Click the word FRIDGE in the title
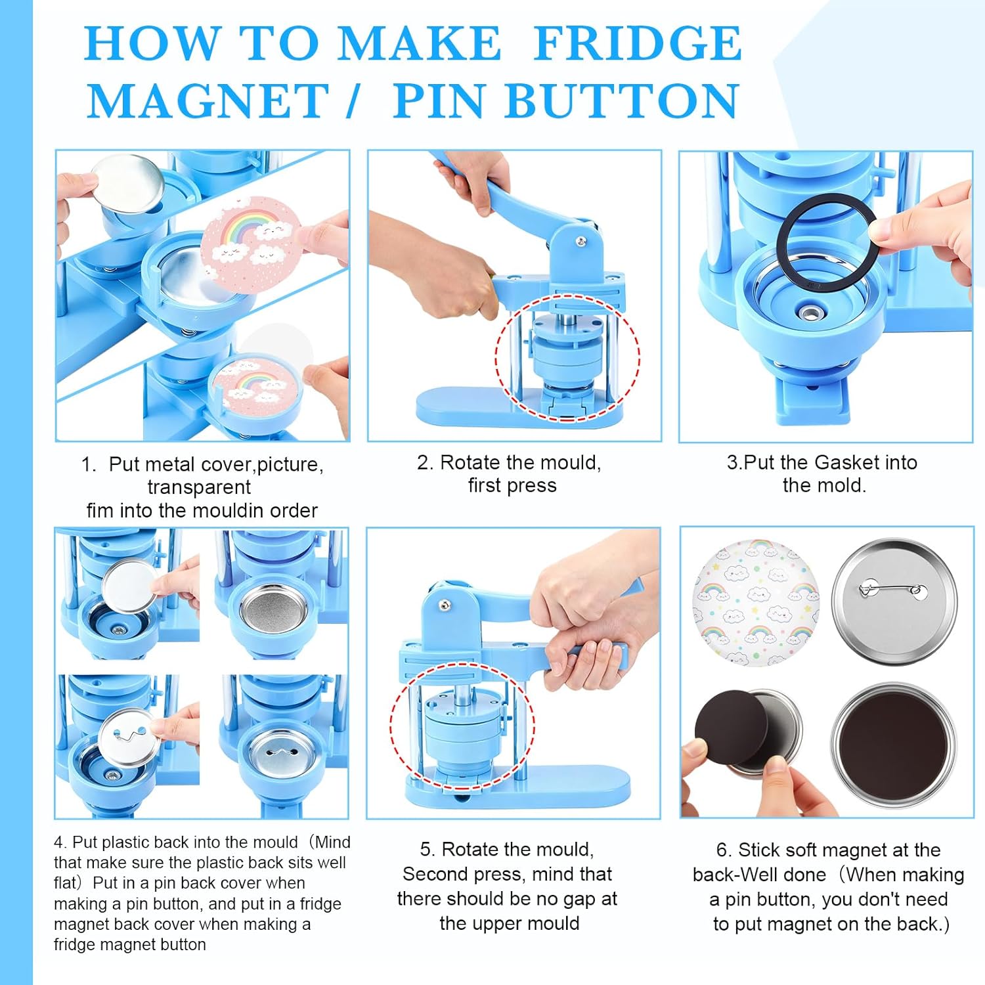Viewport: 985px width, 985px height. click(637, 44)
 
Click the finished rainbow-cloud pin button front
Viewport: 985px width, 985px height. click(756, 602)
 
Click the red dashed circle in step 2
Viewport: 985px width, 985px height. click(567, 357)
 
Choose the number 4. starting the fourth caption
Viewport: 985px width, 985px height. click(60, 843)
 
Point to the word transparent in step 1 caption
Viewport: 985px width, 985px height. click(199, 487)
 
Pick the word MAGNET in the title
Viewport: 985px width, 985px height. click(208, 102)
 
